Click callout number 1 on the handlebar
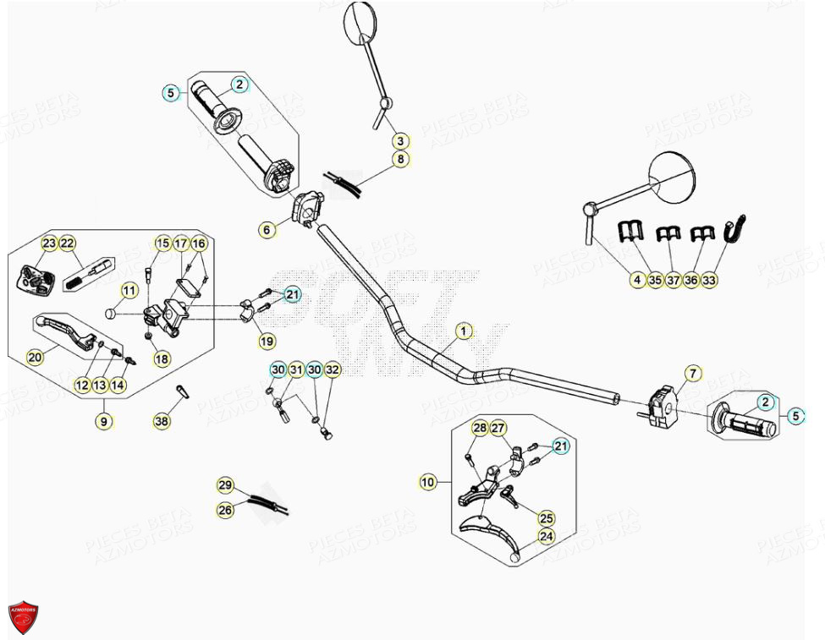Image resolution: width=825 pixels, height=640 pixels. tap(463, 331)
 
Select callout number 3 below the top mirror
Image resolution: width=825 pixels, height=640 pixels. tap(400, 141)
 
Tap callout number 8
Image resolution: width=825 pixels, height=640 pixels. tap(400, 159)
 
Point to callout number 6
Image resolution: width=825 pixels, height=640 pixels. tap(266, 229)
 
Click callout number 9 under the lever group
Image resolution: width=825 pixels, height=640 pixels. tap(104, 420)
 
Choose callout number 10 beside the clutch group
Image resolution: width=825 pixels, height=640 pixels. tap(427, 482)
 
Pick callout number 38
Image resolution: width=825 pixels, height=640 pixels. tap(161, 420)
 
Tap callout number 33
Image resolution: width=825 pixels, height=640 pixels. tap(709, 280)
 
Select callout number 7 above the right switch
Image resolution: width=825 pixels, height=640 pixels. tap(691, 373)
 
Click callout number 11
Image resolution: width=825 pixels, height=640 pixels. tap(128, 291)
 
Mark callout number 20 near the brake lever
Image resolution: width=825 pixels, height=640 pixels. tap(35, 358)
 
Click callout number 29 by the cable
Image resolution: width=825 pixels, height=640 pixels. tap(225, 485)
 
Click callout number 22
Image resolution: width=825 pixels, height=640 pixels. tap(68, 243)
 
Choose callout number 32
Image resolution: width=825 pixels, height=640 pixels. tap(333, 369)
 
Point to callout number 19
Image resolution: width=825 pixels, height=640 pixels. tap(267, 342)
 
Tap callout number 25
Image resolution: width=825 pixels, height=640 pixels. tap(546, 517)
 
